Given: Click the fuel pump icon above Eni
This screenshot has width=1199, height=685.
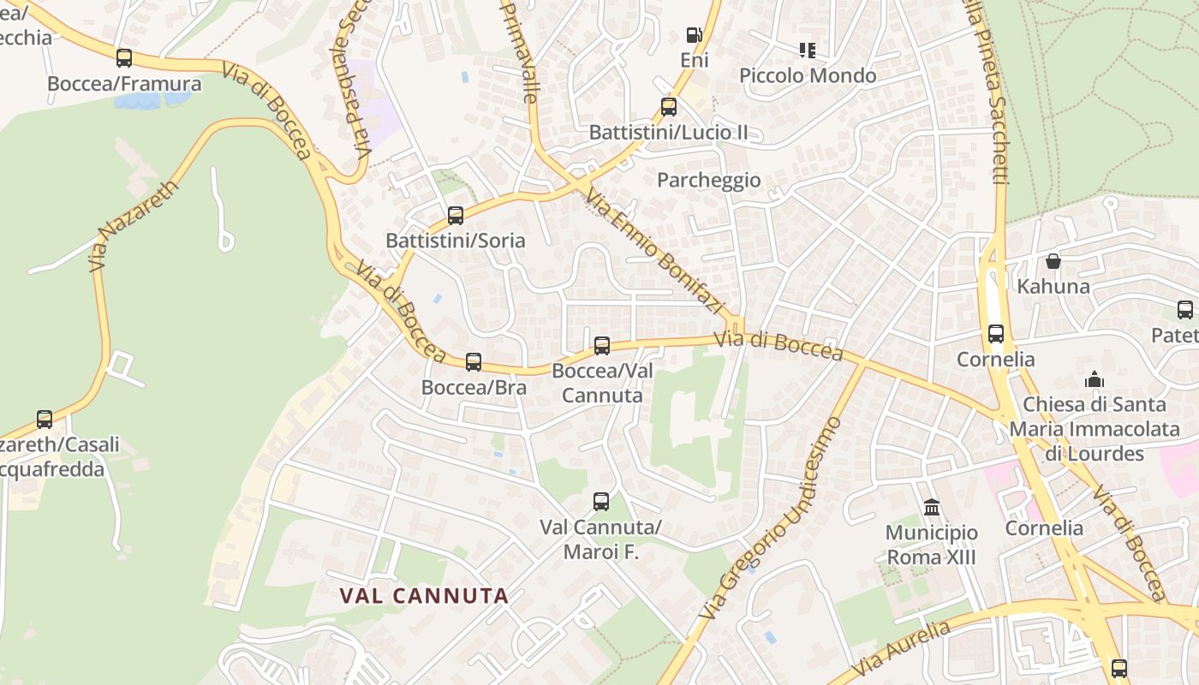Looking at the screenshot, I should (694, 35).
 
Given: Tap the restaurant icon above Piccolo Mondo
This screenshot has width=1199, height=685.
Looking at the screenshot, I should (807, 51).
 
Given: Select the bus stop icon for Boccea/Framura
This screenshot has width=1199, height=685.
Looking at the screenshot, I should (124, 58).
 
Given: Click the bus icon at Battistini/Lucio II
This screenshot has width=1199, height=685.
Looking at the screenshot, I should (669, 107).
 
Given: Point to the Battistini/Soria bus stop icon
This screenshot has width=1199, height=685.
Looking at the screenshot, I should (456, 216).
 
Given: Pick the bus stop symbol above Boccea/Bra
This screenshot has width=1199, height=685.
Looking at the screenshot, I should (474, 362).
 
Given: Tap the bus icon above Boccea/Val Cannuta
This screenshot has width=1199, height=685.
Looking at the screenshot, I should (602, 346).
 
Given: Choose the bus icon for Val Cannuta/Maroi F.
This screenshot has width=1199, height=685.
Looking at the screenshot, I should (601, 502).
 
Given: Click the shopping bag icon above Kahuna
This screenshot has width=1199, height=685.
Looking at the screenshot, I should (1053, 261).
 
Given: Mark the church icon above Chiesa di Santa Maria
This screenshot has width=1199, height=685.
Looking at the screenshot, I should (1095, 378).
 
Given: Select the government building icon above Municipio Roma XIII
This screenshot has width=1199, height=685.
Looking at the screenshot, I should (932, 508).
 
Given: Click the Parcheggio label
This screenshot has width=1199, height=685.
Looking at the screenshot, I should (708, 180).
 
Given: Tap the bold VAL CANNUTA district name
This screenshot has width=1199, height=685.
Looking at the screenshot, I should (424, 595).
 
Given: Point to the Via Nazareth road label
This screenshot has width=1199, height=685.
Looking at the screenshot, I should (133, 226).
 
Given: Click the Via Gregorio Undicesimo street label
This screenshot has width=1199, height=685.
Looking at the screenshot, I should (771, 519).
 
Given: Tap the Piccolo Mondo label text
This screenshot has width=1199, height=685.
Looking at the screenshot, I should (808, 75).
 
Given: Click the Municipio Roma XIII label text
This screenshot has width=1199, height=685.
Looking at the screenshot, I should (932, 545).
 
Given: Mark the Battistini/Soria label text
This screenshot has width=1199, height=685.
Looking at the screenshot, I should (456, 241).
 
